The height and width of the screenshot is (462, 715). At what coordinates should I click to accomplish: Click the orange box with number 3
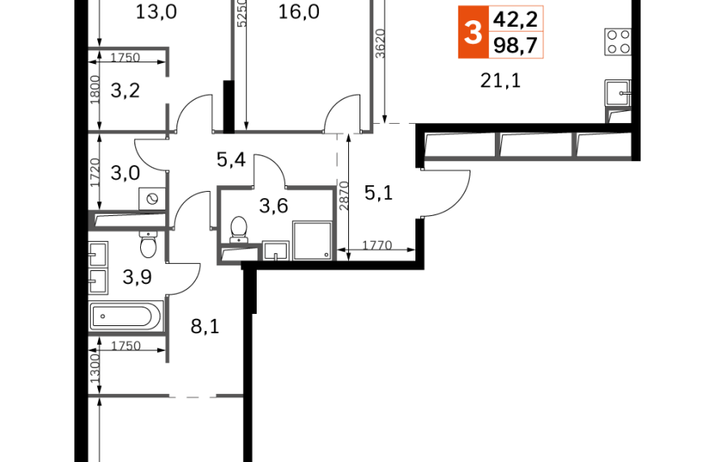[x=474, y=32]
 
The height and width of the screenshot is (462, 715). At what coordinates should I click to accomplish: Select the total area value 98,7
[x=516, y=45]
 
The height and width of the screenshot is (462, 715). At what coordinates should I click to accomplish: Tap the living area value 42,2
[x=516, y=19]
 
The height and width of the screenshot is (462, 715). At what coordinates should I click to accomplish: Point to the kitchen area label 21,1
[x=500, y=81]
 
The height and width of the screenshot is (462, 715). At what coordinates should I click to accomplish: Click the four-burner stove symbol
[x=618, y=41]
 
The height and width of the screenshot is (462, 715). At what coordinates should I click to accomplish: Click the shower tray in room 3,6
[x=312, y=240]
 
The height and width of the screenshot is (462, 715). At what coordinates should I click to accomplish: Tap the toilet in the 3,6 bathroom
[x=239, y=230]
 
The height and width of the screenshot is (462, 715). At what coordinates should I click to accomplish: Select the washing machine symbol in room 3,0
[x=152, y=199]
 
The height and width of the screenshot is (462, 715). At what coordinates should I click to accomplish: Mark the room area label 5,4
[x=232, y=160]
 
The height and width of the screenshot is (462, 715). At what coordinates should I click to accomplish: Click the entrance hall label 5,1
[x=378, y=193]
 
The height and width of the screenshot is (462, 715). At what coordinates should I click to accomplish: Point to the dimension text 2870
[x=344, y=196]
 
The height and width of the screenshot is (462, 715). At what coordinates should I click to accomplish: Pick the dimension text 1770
[x=377, y=245]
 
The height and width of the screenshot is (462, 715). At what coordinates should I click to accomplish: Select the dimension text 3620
[x=381, y=44]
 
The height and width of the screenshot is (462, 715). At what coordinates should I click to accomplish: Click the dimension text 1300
[x=95, y=368]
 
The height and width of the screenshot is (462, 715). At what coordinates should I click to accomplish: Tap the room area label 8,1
[x=205, y=326]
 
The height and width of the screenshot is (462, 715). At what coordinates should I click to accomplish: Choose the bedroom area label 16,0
[x=299, y=12]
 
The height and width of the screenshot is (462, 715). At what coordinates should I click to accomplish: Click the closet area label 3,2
[x=125, y=91]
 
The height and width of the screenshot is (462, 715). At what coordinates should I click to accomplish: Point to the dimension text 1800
[x=95, y=90]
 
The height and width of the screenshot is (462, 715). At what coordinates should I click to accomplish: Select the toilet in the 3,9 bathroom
[x=148, y=244]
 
